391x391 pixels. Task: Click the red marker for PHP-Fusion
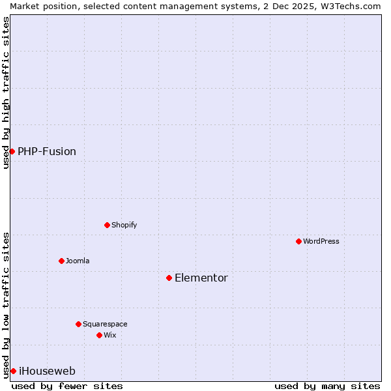[x=12, y=151]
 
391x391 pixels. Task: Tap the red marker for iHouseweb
[x=13, y=371]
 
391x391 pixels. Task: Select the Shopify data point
[x=107, y=225]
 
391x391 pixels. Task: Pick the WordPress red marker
[x=298, y=241]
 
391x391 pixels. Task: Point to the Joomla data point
[x=61, y=261]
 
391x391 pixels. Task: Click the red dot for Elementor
[x=169, y=278]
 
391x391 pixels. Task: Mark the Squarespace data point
[x=78, y=324]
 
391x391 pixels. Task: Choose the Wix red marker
[x=99, y=335]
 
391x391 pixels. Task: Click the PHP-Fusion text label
[x=47, y=151]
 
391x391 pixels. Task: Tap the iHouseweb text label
[x=47, y=371]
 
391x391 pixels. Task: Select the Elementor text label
[x=201, y=278]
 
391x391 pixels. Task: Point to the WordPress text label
[x=321, y=241]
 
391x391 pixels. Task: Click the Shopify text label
[x=124, y=225]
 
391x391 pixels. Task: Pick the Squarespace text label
[x=105, y=324]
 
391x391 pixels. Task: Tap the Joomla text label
[x=78, y=261]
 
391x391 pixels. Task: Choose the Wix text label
[x=110, y=335]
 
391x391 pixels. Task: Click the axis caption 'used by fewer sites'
[x=67, y=386]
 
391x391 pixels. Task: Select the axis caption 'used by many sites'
[x=327, y=386]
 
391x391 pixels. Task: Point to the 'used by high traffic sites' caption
[x=6, y=93]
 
